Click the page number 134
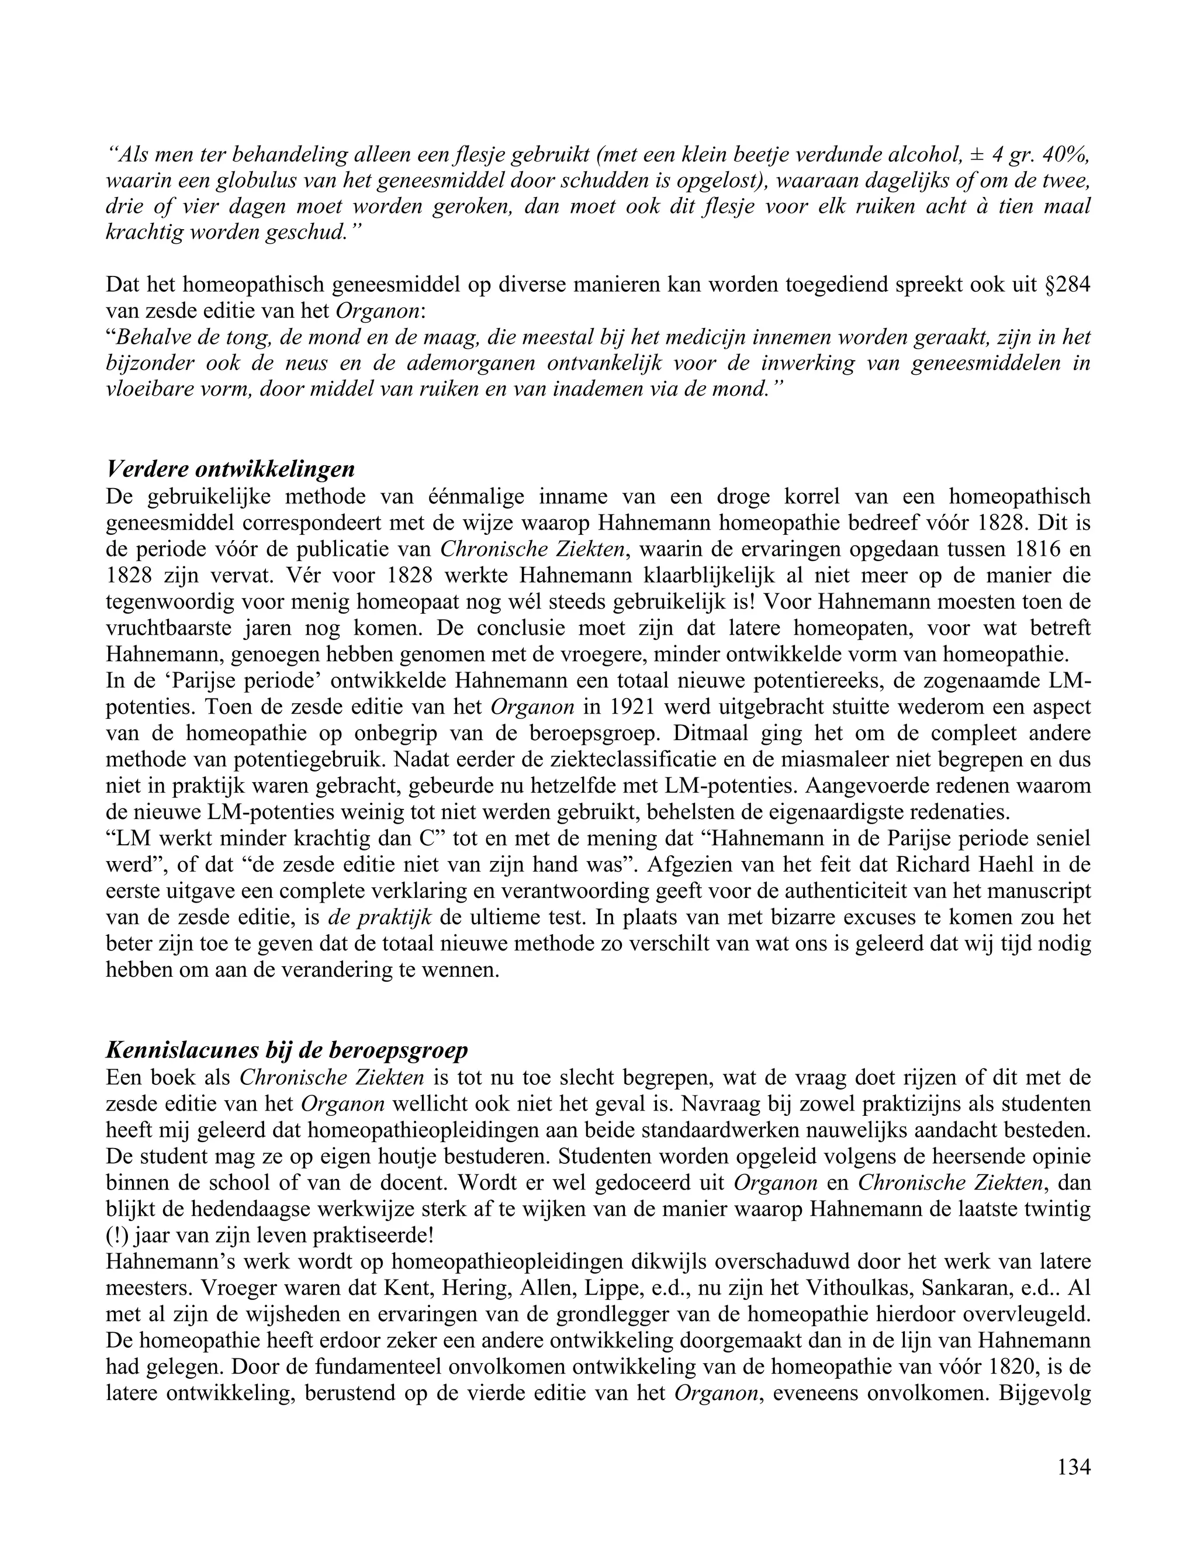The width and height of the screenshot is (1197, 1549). pyautogui.click(x=1073, y=1467)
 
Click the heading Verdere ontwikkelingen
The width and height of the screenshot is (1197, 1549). pyautogui.click(x=230, y=469)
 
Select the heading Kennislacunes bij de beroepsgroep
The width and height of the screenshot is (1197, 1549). pyautogui.click(x=286, y=1050)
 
